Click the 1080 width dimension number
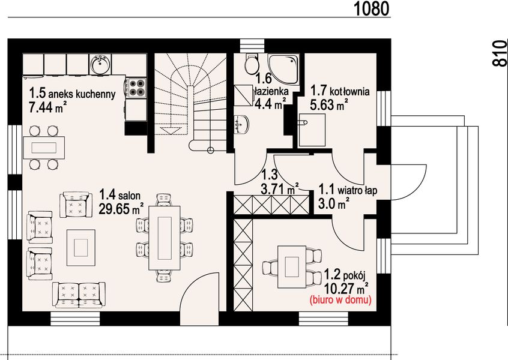[371, 8]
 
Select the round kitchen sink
[101, 64]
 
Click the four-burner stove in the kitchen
[136, 88]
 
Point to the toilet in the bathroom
[252, 63]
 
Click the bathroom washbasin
[241, 124]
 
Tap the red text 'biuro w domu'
[340, 300]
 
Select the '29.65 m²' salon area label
[121, 209]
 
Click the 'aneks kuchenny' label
[82, 94]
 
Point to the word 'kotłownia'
[350, 91]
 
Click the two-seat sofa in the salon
[79, 295]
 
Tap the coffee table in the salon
[80, 248]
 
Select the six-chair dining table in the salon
[165, 238]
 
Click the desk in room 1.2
[292, 266]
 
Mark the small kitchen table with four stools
[44, 148]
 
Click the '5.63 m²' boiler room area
[329, 105]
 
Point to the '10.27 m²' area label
[346, 288]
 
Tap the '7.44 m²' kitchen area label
[48, 107]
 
